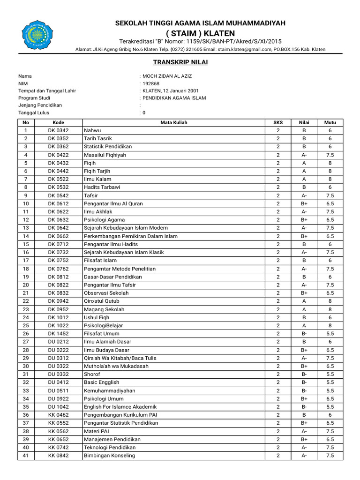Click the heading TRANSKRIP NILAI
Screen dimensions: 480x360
[x=174, y=62]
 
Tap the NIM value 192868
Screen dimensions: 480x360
[x=151, y=83]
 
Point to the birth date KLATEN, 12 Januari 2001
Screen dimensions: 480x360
[x=171, y=91]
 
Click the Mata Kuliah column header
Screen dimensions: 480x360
[x=174, y=122]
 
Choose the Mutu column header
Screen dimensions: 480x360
[x=330, y=122]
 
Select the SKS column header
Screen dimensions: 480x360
[x=278, y=122]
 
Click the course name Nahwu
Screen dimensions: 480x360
[x=92, y=130]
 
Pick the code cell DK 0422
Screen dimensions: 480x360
[x=58, y=155]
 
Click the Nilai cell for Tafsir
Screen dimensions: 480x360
[x=304, y=195]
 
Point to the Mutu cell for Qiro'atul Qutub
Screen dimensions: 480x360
[x=330, y=301]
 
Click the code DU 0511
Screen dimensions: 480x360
[x=58, y=390]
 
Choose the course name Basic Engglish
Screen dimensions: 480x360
[x=102, y=382]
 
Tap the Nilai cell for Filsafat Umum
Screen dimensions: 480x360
[x=304, y=334]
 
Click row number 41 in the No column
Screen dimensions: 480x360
[x=26, y=456]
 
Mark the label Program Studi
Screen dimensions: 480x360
[x=34, y=98]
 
